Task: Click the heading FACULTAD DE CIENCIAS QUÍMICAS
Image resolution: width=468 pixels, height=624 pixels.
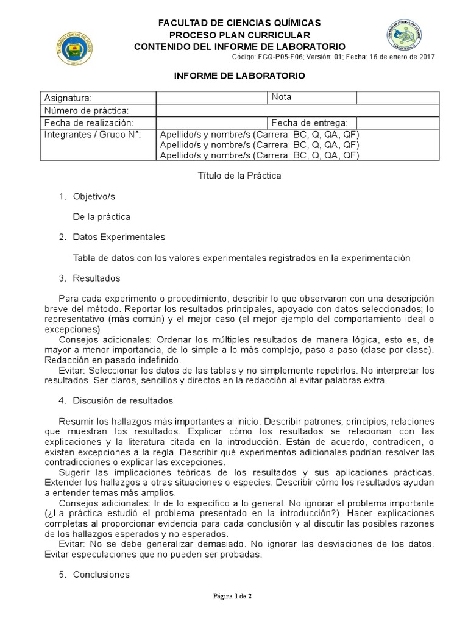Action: coord(239,23)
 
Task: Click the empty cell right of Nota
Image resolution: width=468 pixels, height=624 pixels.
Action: coord(397,97)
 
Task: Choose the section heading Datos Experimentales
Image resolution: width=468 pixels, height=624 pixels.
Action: coord(118,237)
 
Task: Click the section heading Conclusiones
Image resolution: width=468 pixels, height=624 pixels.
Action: coord(101,575)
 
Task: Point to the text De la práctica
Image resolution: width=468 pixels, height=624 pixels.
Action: coord(101,216)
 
